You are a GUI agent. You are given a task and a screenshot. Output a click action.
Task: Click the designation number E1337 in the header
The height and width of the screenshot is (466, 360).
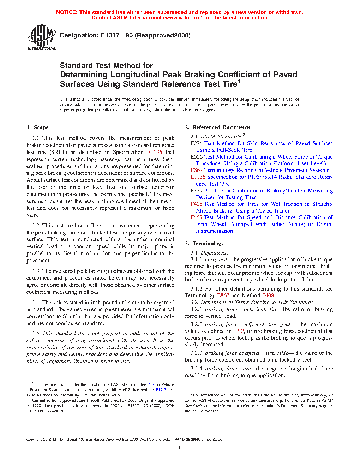[x=110, y=35]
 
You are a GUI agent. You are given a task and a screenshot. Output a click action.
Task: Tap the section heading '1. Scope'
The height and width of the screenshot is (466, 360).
[x=37, y=127]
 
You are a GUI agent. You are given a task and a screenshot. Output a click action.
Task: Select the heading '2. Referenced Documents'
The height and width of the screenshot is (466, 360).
[x=218, y=127]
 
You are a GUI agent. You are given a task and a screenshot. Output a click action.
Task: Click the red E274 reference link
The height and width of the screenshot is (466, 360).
[x=197, y=143]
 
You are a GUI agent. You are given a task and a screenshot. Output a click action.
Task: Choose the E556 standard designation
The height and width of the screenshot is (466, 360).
[x=197, y=157]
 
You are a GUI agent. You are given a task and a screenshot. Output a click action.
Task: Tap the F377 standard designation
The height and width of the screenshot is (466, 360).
[x=197, y=191]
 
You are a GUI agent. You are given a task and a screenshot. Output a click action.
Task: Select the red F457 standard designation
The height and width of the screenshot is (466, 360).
[x=197, y=217]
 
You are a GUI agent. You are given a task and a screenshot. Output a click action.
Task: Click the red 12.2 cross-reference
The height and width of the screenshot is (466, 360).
[x=239, y=331]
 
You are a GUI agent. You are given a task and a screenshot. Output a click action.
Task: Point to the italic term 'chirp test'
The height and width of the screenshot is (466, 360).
[x=216, y=259]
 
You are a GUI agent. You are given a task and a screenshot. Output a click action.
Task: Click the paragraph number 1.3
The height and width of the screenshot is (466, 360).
[x=36, y=271]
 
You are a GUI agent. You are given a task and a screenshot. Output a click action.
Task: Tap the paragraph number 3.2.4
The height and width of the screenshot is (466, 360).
[x=197, y=369]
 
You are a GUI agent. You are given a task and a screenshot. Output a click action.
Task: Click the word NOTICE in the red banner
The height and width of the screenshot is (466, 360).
[x=67, y=12]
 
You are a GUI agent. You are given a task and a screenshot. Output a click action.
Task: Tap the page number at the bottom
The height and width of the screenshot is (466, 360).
[x=180, y=448]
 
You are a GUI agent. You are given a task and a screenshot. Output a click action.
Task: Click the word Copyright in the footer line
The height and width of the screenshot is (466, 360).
[x=34, y=440]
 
